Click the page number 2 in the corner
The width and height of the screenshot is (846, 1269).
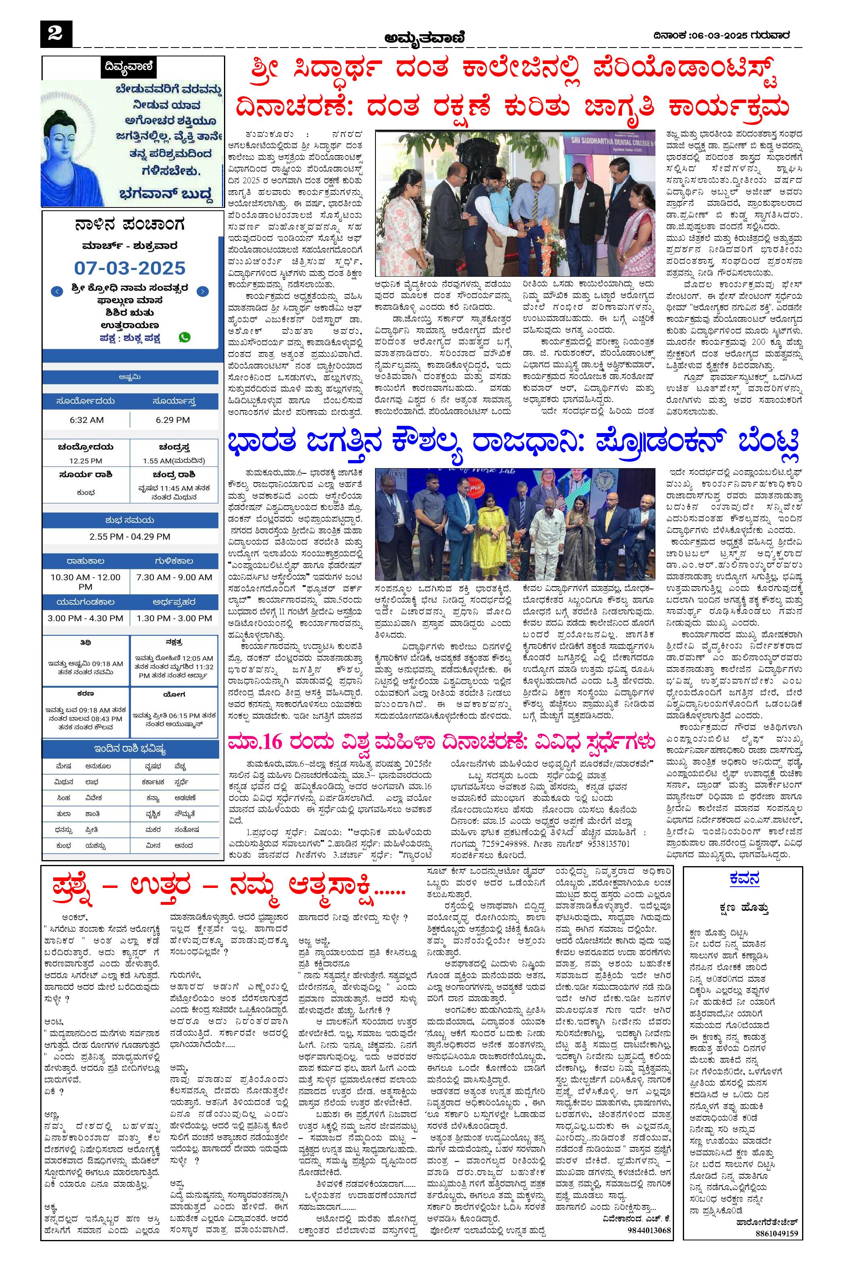tap(55, 34)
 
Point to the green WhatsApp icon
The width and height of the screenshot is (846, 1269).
tap(185, 337)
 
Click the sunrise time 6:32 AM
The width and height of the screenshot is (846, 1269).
tap(86, 420)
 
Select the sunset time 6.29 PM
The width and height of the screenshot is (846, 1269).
tap(173, 420)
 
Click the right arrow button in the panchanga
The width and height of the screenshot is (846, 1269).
tap(202, 292)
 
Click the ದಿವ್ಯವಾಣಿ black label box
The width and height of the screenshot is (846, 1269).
tap(129, 68)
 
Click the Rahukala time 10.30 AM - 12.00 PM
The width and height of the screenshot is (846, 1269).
tap(85, 582)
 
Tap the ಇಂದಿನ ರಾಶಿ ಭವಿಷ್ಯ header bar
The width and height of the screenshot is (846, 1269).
tap(130, 749)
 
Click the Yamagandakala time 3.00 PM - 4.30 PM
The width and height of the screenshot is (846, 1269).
tap(85, 618)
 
